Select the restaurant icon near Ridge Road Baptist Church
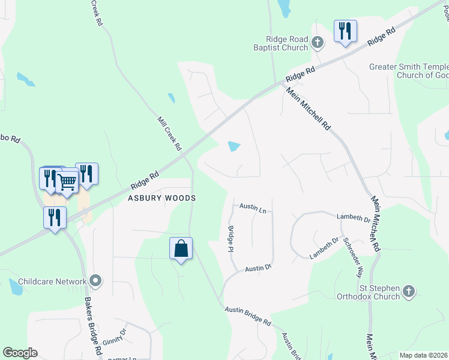[x=345, y=31]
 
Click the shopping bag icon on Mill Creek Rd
[x=181, y=248]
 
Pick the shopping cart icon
[x=67, y=181]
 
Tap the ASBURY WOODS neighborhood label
[x=161, y=197]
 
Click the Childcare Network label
[x=52, y=281]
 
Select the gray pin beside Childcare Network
[x=95, y=280]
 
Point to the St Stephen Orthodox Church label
[x=367, y=292]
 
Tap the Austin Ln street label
[x=253, y=207]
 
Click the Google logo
[x=20, y=353]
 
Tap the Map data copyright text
[x=424, y=355]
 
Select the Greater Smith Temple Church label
[x=409, y=71]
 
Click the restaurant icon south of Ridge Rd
[x=55, y=218]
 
